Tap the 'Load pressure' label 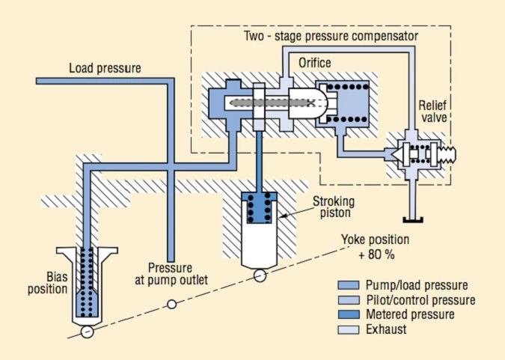point(105,68)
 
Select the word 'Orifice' point(314,63)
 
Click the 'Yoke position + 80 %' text point(375,246)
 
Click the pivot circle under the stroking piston point(259,275)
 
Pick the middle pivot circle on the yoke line point(171,305)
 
